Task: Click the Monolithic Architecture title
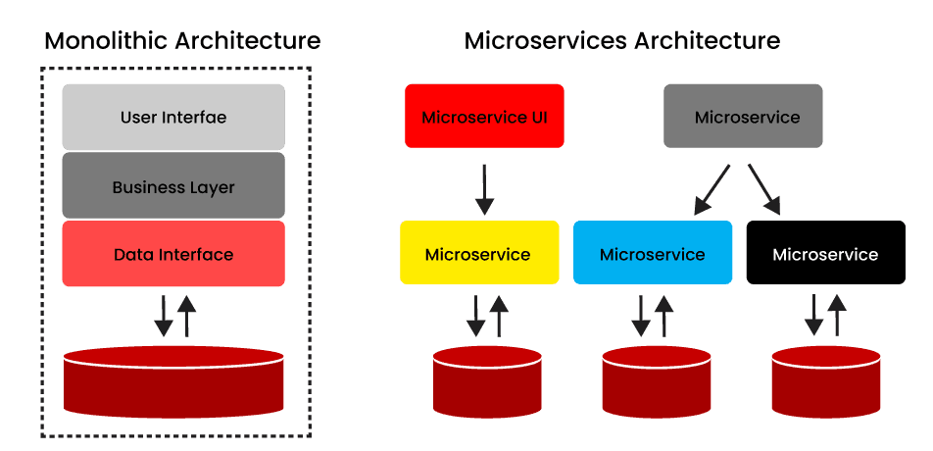click(182, 41)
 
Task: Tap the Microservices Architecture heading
click(621, 41)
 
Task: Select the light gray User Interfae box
click(173, 118)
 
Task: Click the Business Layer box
click(173, 186)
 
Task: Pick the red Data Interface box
click(173, 255)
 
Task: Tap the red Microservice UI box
click(484, 117)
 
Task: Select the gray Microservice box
click(743, 117)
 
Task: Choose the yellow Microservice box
click(479, 253)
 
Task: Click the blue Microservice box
click(653, 253)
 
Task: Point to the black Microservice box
click(825, 253)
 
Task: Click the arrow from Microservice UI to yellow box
click(484, 189)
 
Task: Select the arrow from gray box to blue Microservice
click(712, 189)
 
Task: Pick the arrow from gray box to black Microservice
click(764, 189)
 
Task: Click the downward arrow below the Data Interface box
click(163, 314)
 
